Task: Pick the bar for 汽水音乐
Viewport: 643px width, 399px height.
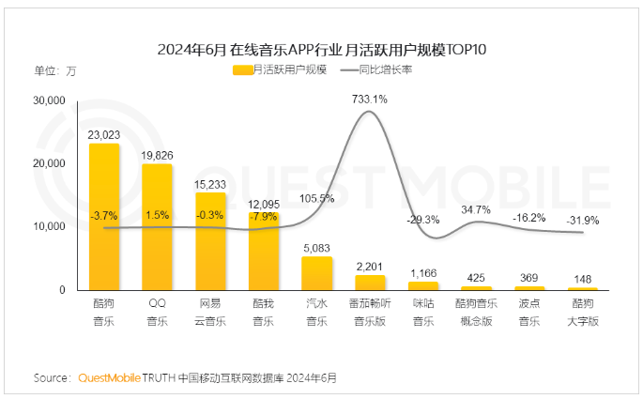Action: pos(316,273)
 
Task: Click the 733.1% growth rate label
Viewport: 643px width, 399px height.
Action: pos(370,98)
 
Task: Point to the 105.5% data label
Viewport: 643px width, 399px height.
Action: pos(317,198)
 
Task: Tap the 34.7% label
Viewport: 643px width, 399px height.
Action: pos(477,208)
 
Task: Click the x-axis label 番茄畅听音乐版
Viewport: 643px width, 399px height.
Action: pos(370,313)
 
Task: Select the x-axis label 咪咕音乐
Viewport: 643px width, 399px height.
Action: pos(423,313)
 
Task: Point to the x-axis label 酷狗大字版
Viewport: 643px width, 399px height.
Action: pos(583,313)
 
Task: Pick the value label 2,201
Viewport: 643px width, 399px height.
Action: pos(370,267)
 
